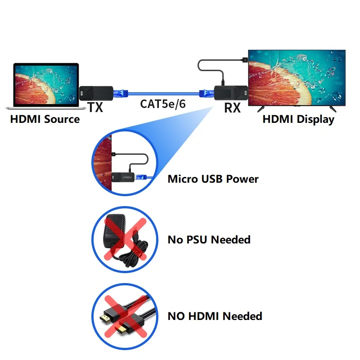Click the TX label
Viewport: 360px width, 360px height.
coord(95,107)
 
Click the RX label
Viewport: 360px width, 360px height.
coord(232,108)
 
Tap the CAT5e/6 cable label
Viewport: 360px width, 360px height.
coord(163,104)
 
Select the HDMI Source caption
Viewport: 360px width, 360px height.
coord(45,119)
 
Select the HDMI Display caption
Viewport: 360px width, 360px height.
coord(298,119)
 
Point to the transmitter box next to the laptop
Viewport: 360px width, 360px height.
coord(92,93)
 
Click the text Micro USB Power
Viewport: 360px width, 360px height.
coord(213,179)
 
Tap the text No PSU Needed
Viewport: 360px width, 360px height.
coord(209,239)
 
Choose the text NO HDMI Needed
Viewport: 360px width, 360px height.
coord(215,316)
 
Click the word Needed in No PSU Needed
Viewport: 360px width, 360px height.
coord(230,239)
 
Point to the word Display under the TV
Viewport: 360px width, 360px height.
coord(318,119)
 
